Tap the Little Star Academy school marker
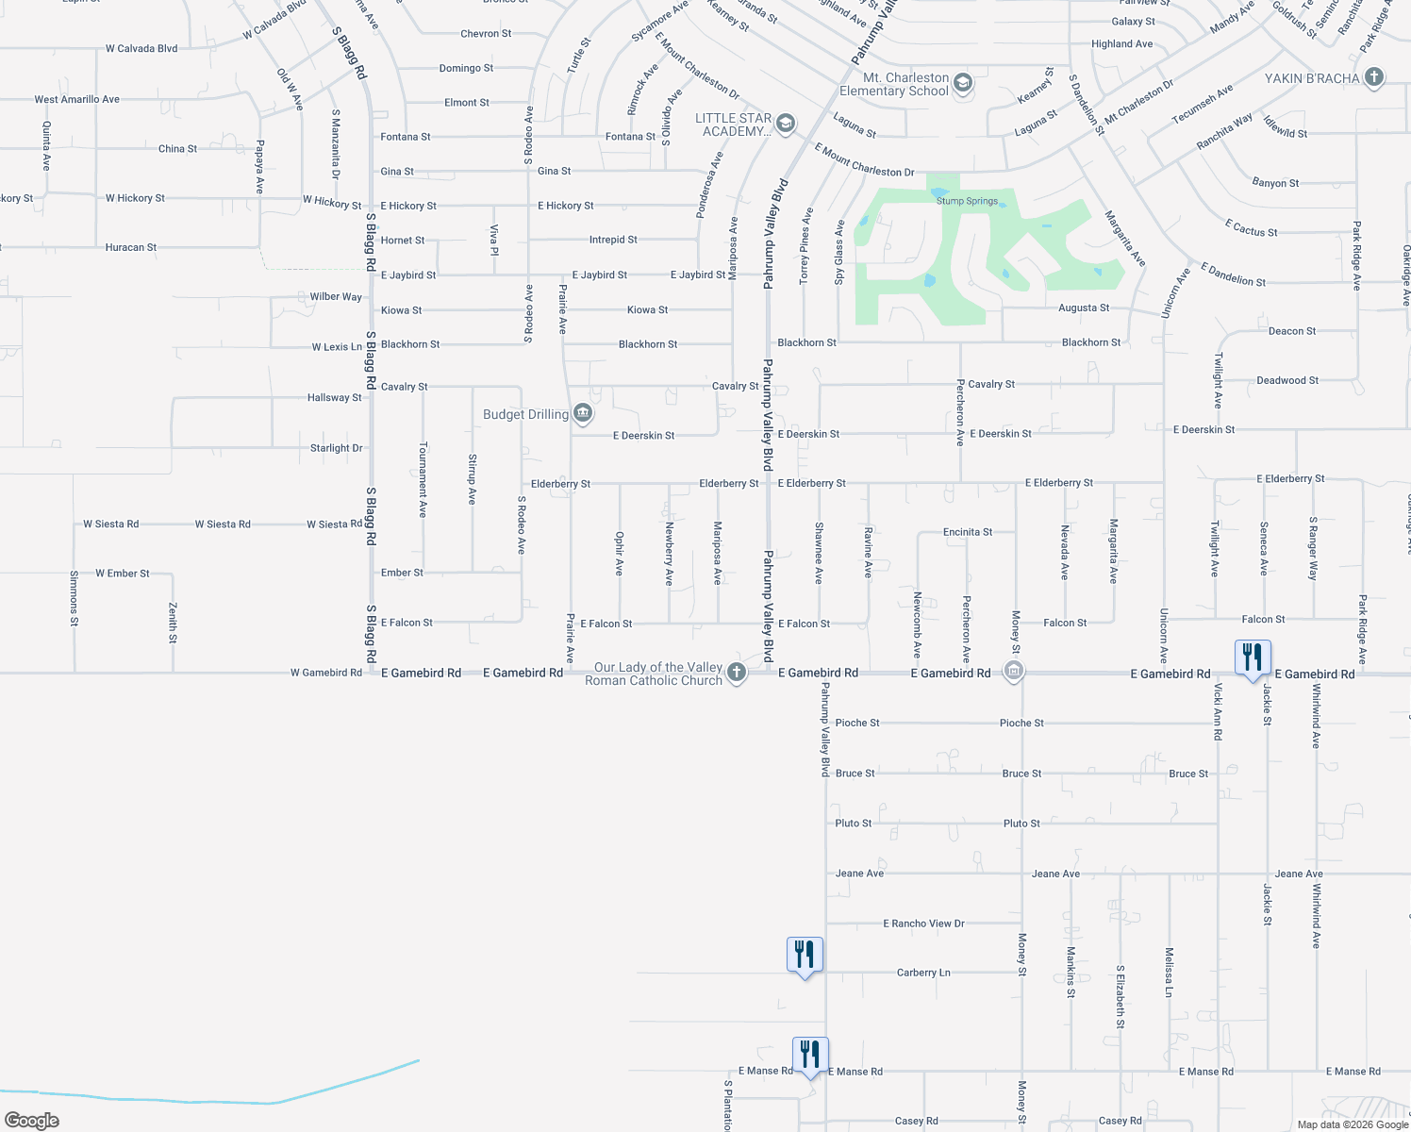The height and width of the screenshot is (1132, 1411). pyautogui.click(x=785, y=124)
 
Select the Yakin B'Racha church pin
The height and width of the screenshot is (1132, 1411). pyautogui.click(x=1374, y=77)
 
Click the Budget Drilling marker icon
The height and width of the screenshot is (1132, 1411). pyautogui.click(x=583, y=413)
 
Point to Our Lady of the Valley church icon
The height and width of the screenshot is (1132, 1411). pyautogui.click(x=737, y=673)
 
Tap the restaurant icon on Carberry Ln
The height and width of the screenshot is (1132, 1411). pyautogui.click(x=805, y=955)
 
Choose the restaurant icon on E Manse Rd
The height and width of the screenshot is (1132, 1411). pyautogui.click(x=810, y=1054)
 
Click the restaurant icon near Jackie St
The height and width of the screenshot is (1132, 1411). pyautogui.click(x=1253, y=657)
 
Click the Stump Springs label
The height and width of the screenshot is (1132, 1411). pyautogui.click(x=967, y=201)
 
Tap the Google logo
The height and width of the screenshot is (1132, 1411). pyautogui.click(x=32, y=1121)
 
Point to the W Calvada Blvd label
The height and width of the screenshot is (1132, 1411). pyautogui.click(x=141, y=48)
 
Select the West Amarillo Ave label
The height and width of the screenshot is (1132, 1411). pyautogui.click(x=77, y=99)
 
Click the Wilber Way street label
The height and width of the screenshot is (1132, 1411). pyautogui.click(x=336, y=296)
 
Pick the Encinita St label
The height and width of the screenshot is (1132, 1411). pyautogui.click(x=968, y=532)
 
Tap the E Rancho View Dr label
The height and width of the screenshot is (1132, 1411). pyautogui.click(x=923, y=924)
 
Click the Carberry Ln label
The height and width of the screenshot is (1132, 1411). pyautogui.click(x=923, y=973)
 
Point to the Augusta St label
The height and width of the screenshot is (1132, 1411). pyautogui.click(x=1084, y=308)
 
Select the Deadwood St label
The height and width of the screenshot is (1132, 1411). pyautogui.click(x=1287, y=380)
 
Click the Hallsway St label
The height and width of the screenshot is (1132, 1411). pyautogui.click(x=335, y=398)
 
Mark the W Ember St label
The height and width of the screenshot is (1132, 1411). pyautogui.click(x=123, y=574)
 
